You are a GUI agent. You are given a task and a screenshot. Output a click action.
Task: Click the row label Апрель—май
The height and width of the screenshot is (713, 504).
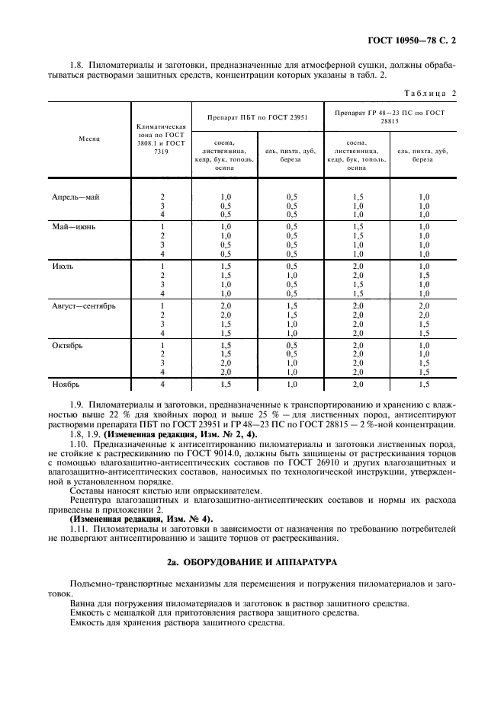[75, 197]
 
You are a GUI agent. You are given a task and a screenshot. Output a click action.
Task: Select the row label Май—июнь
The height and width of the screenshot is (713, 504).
[74, 226]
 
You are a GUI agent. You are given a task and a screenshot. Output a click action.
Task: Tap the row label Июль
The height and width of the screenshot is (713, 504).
[63, 266]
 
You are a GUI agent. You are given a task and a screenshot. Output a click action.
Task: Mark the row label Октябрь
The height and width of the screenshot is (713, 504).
[68, 344]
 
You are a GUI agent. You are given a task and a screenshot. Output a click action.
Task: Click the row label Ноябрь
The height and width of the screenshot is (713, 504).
[66, 385]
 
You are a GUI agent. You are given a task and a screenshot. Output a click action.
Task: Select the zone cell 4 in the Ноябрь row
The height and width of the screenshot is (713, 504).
[162, 385]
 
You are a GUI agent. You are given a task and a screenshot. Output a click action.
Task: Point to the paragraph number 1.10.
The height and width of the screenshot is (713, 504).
[79, 443]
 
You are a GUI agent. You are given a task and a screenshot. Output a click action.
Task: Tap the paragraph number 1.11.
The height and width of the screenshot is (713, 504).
[79, 527]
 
